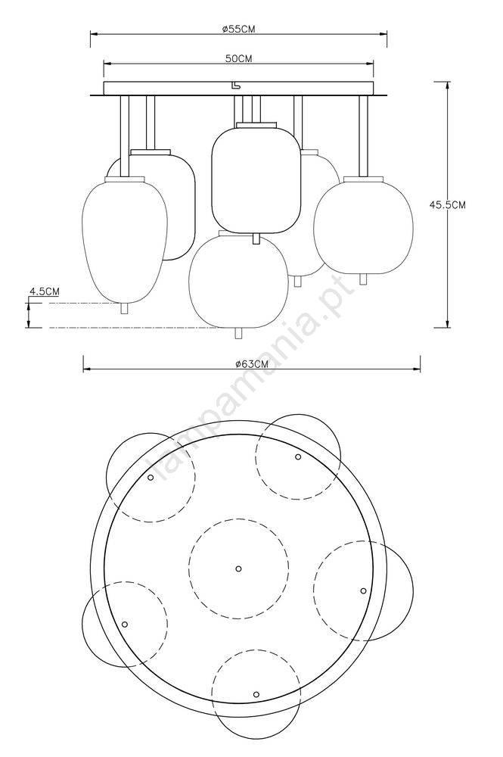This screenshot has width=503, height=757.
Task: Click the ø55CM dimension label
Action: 239,29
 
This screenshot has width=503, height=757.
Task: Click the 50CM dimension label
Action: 239,58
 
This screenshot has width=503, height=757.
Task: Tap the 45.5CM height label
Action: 448,204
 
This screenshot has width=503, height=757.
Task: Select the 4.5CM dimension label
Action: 45,291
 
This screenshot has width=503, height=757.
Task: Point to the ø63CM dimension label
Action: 252,365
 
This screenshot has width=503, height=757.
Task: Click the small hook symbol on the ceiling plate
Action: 235,86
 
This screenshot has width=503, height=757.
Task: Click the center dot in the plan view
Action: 238,569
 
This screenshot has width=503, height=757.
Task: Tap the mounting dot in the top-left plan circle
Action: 151,478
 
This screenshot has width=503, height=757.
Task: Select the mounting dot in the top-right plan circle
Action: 298,456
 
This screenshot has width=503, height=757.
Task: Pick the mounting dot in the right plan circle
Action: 363,590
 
